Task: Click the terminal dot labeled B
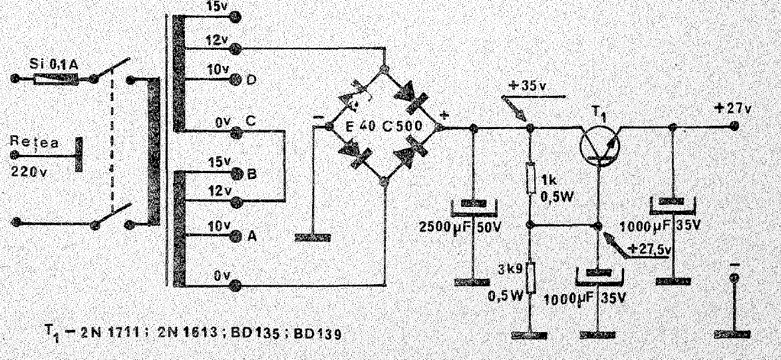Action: (236, 173)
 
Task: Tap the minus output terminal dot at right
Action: (734, 278)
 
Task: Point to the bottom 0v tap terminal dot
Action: (236, 285)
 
